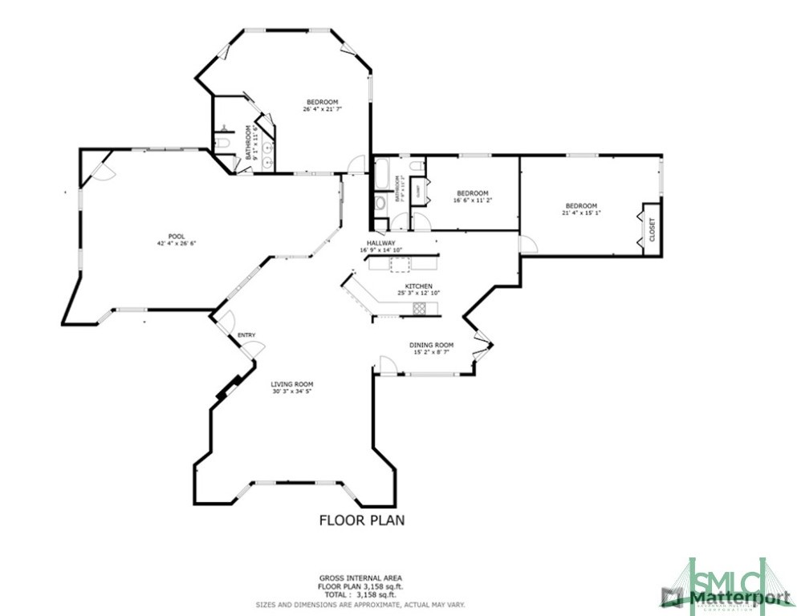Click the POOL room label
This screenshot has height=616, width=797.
point(165,236)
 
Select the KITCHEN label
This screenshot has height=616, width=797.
point(418,286)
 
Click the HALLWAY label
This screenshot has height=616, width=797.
point(381,243)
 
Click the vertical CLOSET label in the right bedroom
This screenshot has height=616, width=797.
point(652,230)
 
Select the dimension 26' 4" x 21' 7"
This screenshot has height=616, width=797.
point(322,110)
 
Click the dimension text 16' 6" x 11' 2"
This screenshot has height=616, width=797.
point(472,201)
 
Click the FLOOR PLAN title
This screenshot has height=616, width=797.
point(362,520)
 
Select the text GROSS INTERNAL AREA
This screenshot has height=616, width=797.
point(360,578)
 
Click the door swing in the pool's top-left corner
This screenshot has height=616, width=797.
point(98,168)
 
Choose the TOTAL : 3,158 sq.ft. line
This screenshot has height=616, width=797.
point(360,594)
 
